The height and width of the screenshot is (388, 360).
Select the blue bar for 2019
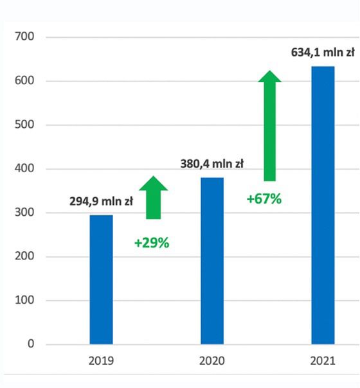click(101, 279)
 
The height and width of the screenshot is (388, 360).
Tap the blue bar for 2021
click(323, 205)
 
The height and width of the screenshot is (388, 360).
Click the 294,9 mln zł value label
click(101, 202)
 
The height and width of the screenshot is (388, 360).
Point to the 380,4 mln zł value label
click(212, 164)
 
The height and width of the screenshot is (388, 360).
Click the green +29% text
click(152, 243)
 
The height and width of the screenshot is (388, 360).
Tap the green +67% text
click(264, 198)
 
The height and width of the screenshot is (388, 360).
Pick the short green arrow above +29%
click(154, 197)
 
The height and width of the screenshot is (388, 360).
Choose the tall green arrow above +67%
click(269, 125)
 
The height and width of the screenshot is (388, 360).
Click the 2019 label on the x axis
click(101, 361)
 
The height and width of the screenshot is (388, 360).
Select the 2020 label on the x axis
click(212, 361)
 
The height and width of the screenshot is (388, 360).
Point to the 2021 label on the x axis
click(323, 361)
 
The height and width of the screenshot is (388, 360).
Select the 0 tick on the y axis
click(30, 344)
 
